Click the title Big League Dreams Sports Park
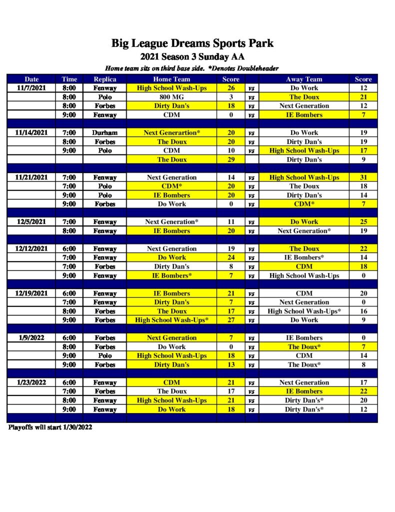pos(192,43)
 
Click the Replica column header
pos(105,79)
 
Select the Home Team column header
pos(171,79)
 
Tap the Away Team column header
pos(304,79)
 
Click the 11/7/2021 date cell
pos(32,88)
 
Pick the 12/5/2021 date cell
pos(32,221)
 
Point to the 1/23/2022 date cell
pos(32,382)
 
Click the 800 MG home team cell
pos(171,97)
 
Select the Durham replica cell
pos(105,132)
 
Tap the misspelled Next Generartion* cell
pos(171,132)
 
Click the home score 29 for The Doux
pos(231,159)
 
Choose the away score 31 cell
pos(363,177)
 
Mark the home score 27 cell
pos(231,319)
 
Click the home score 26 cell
pos(231,88)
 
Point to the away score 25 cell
pos(363,221)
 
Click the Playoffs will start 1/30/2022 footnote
pos(50,427)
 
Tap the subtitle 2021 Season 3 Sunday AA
pos(192,56)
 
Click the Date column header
pos(32,79)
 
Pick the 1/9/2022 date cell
pos(32,337)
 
